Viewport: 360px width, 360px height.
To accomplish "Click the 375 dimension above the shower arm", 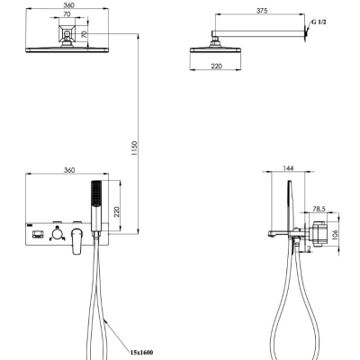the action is coord(262,11).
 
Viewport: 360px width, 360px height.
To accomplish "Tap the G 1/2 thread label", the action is coord(319,22).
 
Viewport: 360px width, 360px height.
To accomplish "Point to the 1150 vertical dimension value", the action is coord(134,148).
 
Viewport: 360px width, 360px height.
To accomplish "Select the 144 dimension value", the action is coord(288,168).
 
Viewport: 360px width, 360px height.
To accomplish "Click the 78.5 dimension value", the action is coord(319,209).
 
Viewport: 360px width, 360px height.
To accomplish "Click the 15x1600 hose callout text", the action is coord(141,352).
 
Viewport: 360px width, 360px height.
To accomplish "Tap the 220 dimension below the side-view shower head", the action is coord(216,66).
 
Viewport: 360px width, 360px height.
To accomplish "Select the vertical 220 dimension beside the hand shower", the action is coord(116,211).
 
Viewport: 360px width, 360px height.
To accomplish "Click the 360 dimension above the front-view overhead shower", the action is coord(69,5).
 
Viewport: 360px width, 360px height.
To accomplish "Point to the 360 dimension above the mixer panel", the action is coord(69,170).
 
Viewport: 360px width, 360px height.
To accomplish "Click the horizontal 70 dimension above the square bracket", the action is coord(67,13).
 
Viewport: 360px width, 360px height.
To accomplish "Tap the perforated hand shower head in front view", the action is coord(96,193).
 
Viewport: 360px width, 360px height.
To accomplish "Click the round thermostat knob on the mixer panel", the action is coord(57,233).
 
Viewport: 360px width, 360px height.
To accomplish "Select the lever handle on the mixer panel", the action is coord(76,240).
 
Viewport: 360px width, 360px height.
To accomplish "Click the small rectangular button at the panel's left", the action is coord(37,234).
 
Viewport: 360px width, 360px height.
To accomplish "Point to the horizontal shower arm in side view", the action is coord(258,33).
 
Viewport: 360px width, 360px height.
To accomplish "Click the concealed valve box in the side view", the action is coord(319,234).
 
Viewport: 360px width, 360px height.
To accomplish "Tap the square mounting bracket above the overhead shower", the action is coord(67,33).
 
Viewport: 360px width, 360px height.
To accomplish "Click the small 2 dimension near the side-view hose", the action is coord(309,248).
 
